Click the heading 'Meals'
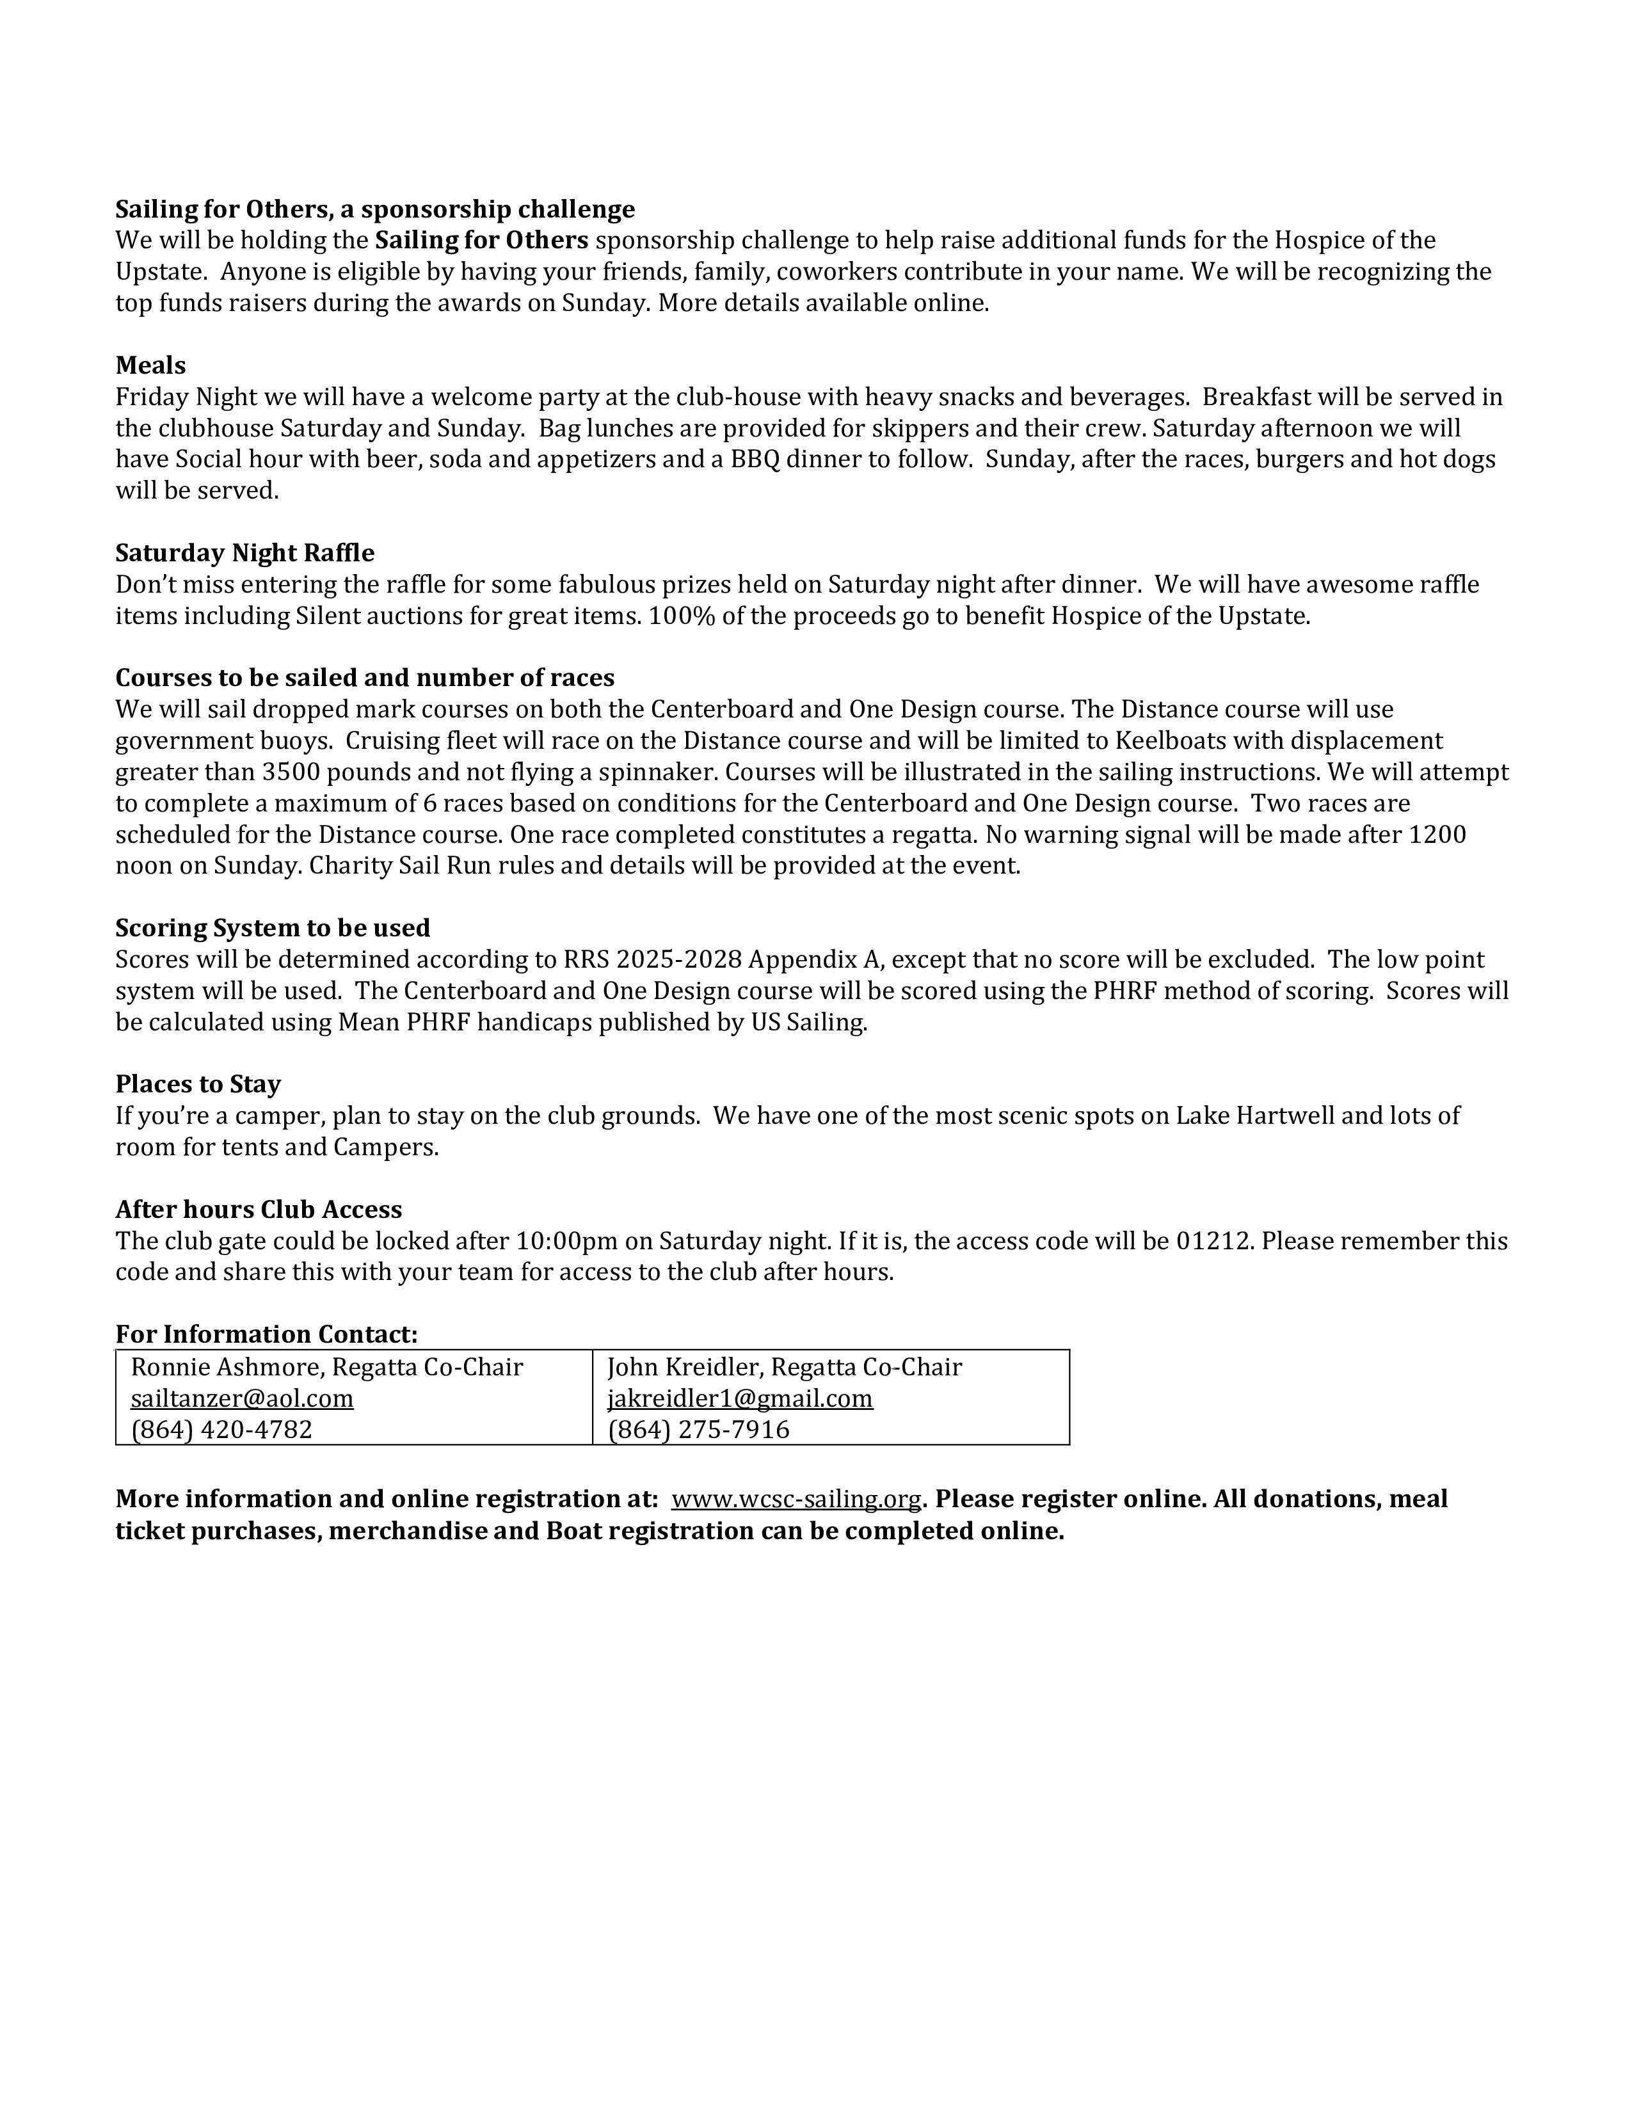point(151,365)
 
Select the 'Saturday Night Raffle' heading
point(244,553)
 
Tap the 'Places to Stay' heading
point(198,1084)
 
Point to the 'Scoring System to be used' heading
point(273,929)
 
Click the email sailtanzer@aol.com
point(242,1399)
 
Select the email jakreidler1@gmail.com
point(740,1399)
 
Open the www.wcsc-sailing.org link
point(796,1499)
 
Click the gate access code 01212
point(1214,1241)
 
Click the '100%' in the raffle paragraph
point(682,616)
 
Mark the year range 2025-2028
point(678,959)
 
